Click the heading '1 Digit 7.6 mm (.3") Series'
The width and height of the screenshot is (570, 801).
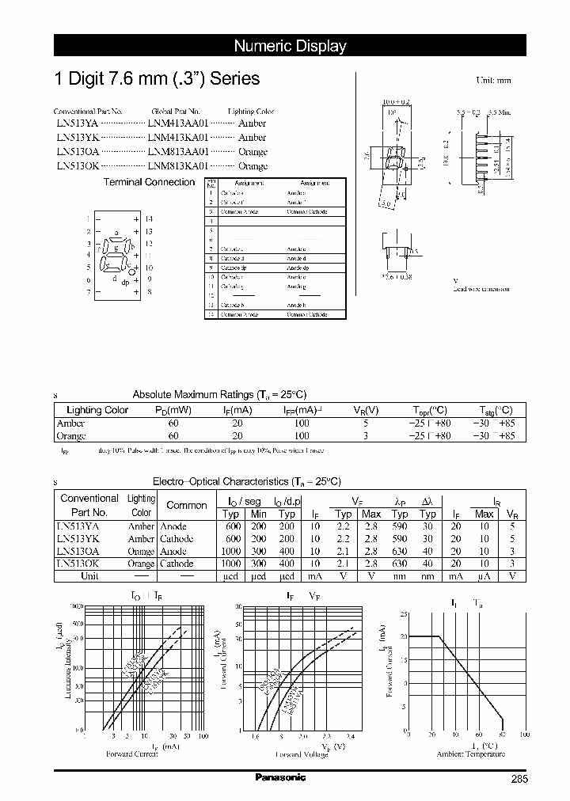[156, 79]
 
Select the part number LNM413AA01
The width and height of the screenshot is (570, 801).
[177, 123]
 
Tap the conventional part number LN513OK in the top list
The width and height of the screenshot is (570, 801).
[78, 166]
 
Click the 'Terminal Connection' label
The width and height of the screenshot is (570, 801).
[149, 182]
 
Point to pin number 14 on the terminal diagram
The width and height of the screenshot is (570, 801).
[148, 218]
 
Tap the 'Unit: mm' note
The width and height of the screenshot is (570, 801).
[493, 81]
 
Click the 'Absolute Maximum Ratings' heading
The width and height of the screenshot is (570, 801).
[219, 394]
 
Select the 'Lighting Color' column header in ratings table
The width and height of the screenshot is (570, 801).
[97, 410]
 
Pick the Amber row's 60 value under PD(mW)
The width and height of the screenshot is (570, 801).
[173, 423]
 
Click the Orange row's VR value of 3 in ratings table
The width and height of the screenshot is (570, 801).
[364, 436]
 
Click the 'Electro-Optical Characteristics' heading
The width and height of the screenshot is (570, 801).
[246, 481]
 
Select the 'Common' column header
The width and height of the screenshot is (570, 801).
[187, 505]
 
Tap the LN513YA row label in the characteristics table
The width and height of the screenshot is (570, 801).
[78, 526]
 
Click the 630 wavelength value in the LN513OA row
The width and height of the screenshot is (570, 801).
[400, 551]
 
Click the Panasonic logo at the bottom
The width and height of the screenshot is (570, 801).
[280, 777]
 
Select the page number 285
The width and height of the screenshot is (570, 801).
[518, 780]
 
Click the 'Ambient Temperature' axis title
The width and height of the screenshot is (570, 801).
[470, 754]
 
